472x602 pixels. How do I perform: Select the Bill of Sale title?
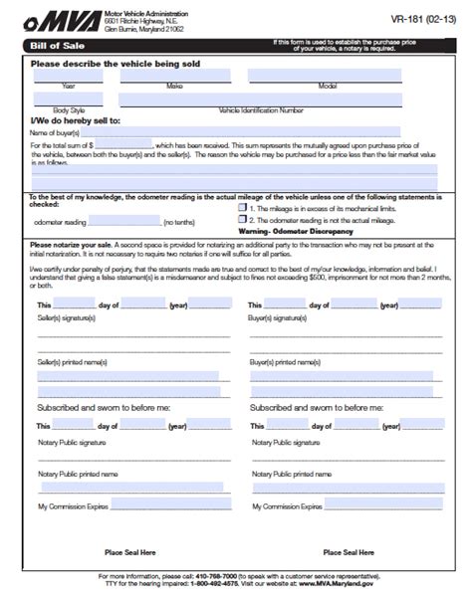tap(54, 46)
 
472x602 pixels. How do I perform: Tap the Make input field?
tap(174, 76)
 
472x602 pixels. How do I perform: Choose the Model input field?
tap(324, 76)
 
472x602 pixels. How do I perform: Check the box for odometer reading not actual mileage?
tap(243, 221)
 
